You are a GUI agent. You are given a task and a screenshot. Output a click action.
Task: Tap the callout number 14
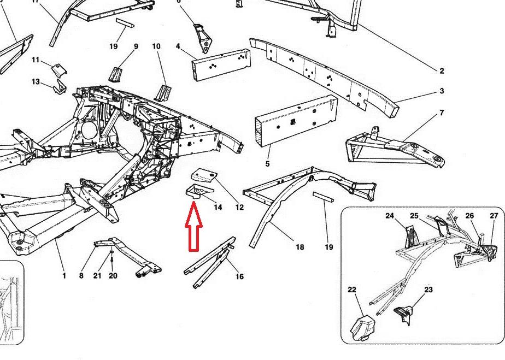click(218, 208)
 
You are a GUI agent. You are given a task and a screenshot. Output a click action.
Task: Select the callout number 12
click(239, 207)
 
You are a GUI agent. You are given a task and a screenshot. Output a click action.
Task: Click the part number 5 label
click(268, 164)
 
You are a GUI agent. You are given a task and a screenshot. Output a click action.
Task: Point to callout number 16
click(239, 277)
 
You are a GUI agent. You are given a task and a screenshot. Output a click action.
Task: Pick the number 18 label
click(300, 247)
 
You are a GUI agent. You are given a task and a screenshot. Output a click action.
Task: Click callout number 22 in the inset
click(352, 290)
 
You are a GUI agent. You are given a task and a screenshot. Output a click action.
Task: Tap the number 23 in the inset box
click(428, 290)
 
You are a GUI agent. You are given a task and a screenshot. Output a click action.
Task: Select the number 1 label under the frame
click(64, 276)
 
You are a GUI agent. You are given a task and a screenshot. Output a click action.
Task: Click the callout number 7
click(441, 113)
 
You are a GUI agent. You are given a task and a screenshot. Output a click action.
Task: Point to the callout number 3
click(441, 91)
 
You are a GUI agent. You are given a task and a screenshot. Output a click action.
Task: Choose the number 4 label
click(178, 46)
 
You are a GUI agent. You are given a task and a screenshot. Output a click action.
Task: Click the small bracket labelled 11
click(58, 70)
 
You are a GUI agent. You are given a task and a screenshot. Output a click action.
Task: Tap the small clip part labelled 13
click(59, 87)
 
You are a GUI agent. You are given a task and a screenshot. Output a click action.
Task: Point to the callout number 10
click(156, 46)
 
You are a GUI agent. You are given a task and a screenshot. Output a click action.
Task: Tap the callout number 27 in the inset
click(494, 216)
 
